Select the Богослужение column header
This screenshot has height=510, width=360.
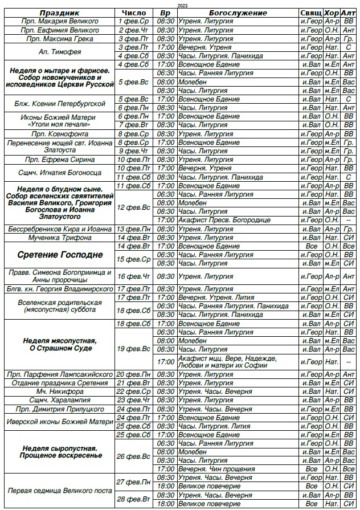point(238,13)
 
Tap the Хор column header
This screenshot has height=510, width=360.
point(332,13)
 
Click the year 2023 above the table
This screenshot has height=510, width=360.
point(181,5)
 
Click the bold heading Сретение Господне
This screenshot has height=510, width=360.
point(59,254)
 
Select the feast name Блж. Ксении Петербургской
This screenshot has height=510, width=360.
point(59,103)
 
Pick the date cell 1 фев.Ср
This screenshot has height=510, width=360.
point(134,21)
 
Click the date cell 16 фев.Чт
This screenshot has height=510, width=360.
point(134,276)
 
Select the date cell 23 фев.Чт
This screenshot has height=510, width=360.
point(134,401)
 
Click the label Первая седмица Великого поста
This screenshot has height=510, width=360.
point(59,491)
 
